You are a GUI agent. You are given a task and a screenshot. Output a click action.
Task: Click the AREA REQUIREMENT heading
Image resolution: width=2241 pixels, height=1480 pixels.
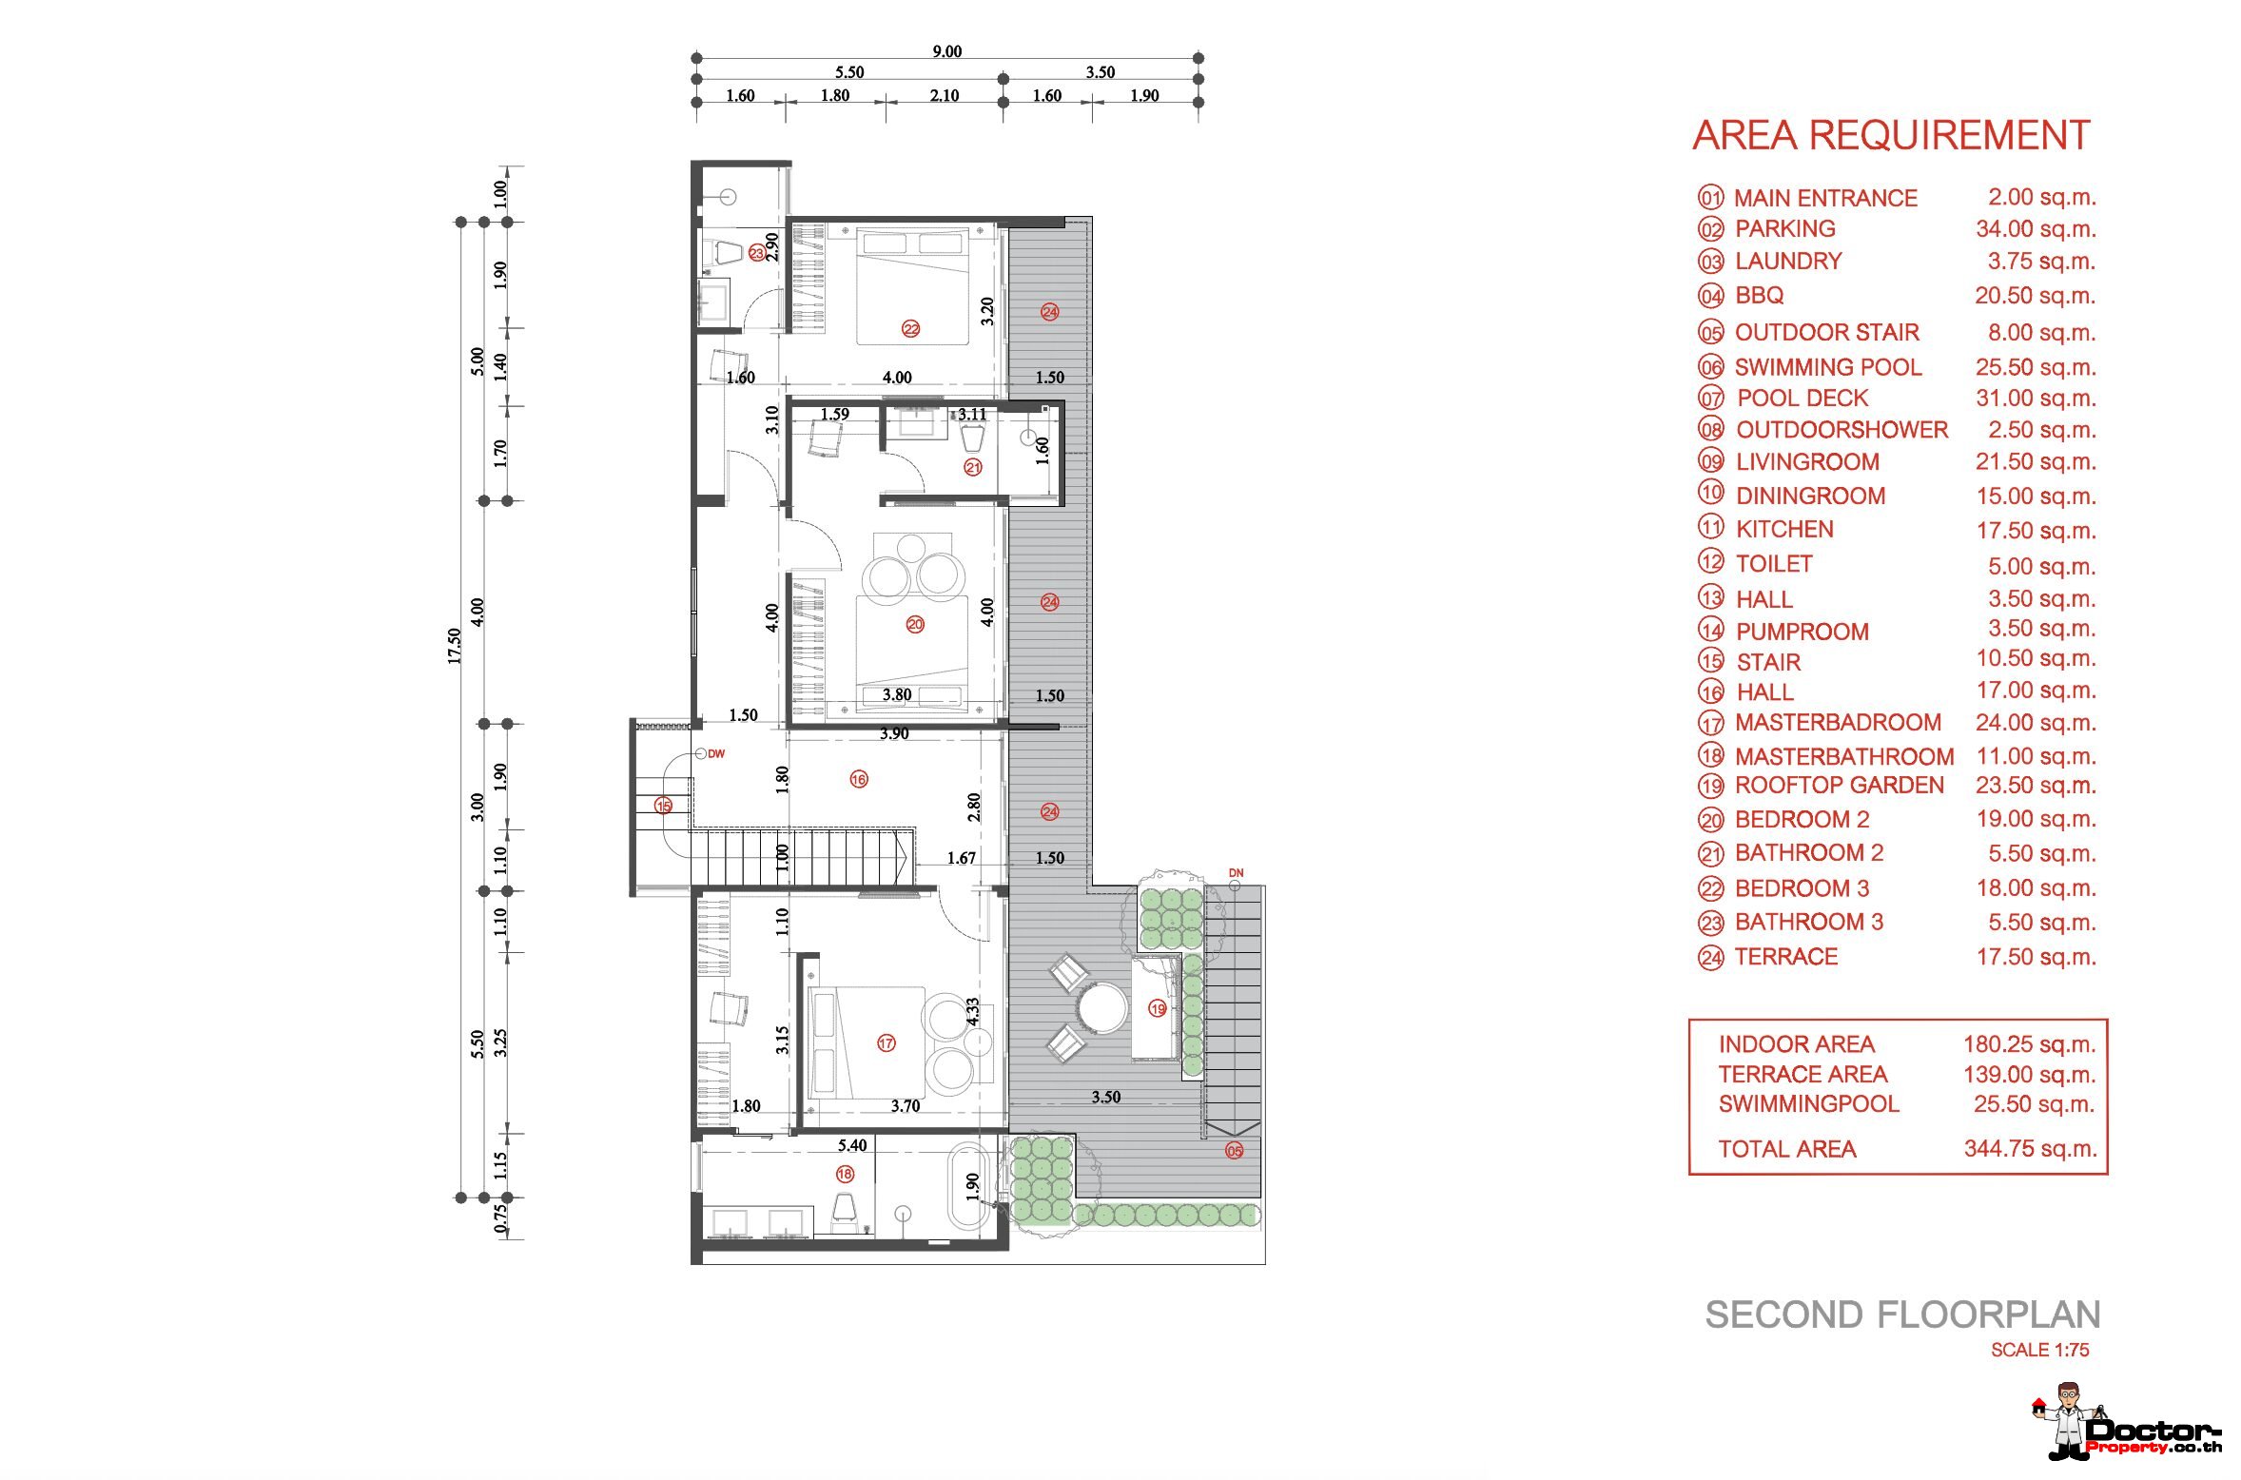coord(1891,135)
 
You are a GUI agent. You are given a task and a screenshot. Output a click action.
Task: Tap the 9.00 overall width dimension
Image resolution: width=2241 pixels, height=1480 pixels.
coord(947,51)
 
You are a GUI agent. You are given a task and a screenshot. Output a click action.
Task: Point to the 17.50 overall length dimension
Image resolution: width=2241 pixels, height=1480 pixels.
coord(455,646)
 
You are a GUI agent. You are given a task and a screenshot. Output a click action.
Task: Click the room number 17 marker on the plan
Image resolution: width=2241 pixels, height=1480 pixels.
coord(887,1043)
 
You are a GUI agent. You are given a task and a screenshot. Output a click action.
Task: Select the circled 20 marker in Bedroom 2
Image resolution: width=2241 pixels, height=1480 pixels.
coord(915,624)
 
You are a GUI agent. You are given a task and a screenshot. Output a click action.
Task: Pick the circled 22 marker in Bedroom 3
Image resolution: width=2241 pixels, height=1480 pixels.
coord(911,329)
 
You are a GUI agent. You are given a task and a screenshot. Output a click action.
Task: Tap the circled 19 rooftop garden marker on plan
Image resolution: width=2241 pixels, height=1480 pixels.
coord(1158,1008)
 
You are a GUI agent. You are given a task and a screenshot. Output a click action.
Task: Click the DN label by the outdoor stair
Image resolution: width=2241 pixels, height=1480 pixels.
coord(1236,873)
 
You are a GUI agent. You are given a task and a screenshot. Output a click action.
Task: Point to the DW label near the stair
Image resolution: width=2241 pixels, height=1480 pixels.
coord(716,754)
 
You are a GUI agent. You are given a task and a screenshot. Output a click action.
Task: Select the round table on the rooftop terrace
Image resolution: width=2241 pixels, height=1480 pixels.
coord(1102,1008)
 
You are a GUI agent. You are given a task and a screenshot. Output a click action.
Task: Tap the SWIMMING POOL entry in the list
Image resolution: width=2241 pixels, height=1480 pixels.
coord(1828,367)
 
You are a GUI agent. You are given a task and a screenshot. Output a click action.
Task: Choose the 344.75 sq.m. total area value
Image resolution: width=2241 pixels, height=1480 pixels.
coord(2031,1148)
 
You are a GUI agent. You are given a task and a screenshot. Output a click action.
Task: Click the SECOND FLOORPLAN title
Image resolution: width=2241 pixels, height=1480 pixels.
coord(1902,1314)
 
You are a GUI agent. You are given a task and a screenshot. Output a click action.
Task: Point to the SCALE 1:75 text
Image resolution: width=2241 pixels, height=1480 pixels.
coord(2040,1350)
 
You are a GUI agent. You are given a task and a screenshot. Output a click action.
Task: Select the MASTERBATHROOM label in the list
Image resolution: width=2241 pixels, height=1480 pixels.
coord(1844,756)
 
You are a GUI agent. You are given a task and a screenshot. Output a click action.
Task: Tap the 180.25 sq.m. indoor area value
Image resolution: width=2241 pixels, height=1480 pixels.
coord(2030,1043)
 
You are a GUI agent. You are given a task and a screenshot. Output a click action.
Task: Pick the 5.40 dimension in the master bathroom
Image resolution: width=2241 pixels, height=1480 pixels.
coord(852,1145)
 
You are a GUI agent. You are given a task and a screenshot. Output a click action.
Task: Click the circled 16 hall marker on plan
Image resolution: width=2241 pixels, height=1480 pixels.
coord(859,780)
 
